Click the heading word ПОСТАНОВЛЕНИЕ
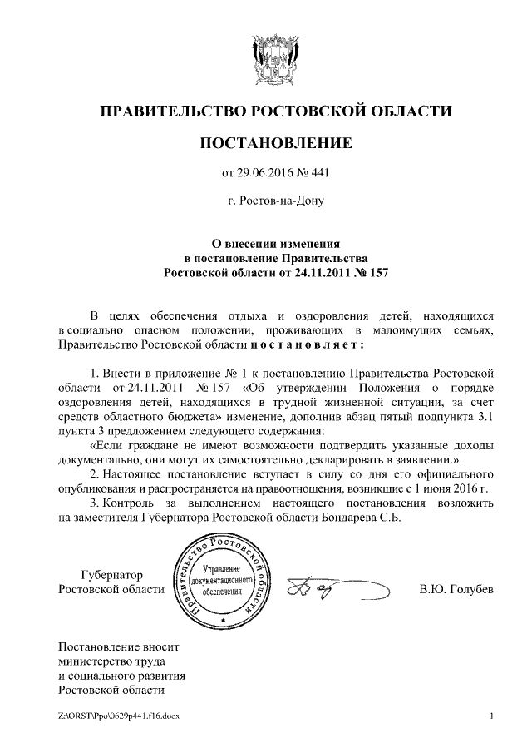277,144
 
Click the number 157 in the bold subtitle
377,272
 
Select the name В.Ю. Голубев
456,590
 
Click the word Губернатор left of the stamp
112,575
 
